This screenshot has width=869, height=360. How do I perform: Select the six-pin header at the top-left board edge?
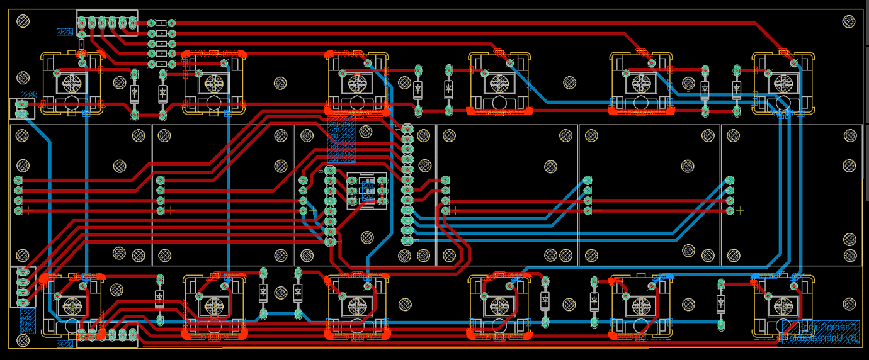click(x=107, y=23)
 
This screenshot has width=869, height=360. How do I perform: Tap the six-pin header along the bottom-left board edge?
click(x=107, y=335)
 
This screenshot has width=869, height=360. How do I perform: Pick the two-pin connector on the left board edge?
click(x=22, y=109)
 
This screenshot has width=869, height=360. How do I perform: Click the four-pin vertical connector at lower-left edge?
click(x=23, y=287)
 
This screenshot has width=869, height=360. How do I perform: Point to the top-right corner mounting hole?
click(x=849, y=22)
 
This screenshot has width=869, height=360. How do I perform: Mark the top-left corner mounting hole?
click(x=23, y=21)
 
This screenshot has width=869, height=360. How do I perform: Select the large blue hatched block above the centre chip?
click(x=341, y=140)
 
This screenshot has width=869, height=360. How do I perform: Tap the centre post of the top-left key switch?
click(x=72, y=82)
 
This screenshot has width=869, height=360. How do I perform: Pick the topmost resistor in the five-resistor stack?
click(x=161, y=23)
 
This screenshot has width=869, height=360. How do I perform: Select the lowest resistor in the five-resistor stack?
click(x=161, y=64)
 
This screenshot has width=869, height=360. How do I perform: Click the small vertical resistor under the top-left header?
click(x=82, y=44)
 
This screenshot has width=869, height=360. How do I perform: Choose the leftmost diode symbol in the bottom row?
click(x=159, y=296)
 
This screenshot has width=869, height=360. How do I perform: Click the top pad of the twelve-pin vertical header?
click(x=407, y=128)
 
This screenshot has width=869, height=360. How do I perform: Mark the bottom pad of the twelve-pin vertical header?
click(x=407, y=240)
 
